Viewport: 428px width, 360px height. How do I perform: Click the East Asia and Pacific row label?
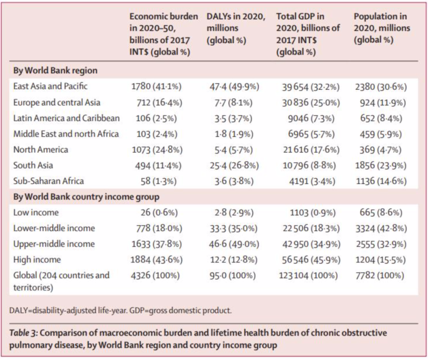[50, 86]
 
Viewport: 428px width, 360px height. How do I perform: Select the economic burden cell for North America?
[157, 150]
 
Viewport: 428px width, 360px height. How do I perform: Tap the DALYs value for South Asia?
[234, 166]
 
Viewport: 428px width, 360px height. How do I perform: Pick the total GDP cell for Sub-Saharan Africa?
[312, 181]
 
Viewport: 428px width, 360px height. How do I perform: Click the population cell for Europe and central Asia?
[383, 103]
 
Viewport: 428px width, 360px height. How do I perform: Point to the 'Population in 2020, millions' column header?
[382, 28]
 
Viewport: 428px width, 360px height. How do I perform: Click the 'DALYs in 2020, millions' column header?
[236, 28]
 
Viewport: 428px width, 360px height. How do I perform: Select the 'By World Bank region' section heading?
[55, 70]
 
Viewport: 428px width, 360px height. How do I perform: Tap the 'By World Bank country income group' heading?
[86, 197]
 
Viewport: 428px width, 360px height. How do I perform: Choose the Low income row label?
[36, 212]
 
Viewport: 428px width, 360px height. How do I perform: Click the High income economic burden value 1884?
[140, 260]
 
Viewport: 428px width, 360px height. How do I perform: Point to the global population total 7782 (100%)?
[380, 276]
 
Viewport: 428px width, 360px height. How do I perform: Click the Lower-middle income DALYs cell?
[233, 228]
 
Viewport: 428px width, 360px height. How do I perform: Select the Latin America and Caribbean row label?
[66, 118]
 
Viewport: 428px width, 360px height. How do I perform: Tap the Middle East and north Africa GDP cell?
[311, 134]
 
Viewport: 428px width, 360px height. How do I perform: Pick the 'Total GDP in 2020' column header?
[308, 34]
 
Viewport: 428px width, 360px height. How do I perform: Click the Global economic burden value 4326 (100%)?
[155, 276]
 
